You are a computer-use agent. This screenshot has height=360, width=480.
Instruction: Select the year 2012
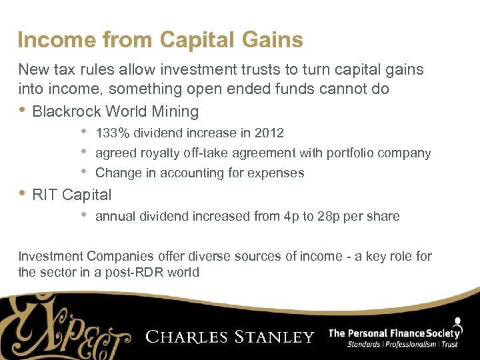tap(269, 133)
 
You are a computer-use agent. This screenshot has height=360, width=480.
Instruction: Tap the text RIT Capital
tap(72, 195)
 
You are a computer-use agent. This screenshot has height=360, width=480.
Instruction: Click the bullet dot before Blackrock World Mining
tap(23, 111)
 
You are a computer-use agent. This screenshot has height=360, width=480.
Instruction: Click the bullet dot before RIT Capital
tap(23, 194)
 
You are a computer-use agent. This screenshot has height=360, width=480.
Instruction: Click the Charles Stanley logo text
tap(230, 337)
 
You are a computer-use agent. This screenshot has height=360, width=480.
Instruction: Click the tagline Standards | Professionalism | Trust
tap(403, 345)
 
